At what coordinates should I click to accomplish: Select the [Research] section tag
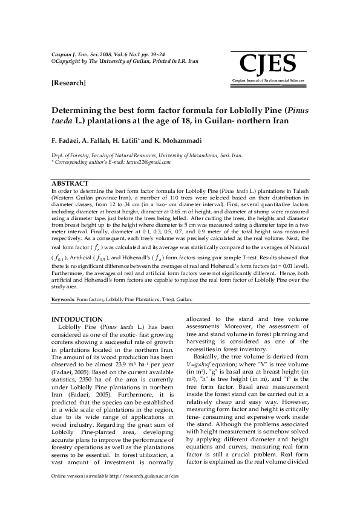tap(68, 83)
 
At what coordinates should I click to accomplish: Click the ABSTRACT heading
tap(70, 183)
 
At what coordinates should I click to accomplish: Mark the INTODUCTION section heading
tap(77, 319)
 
